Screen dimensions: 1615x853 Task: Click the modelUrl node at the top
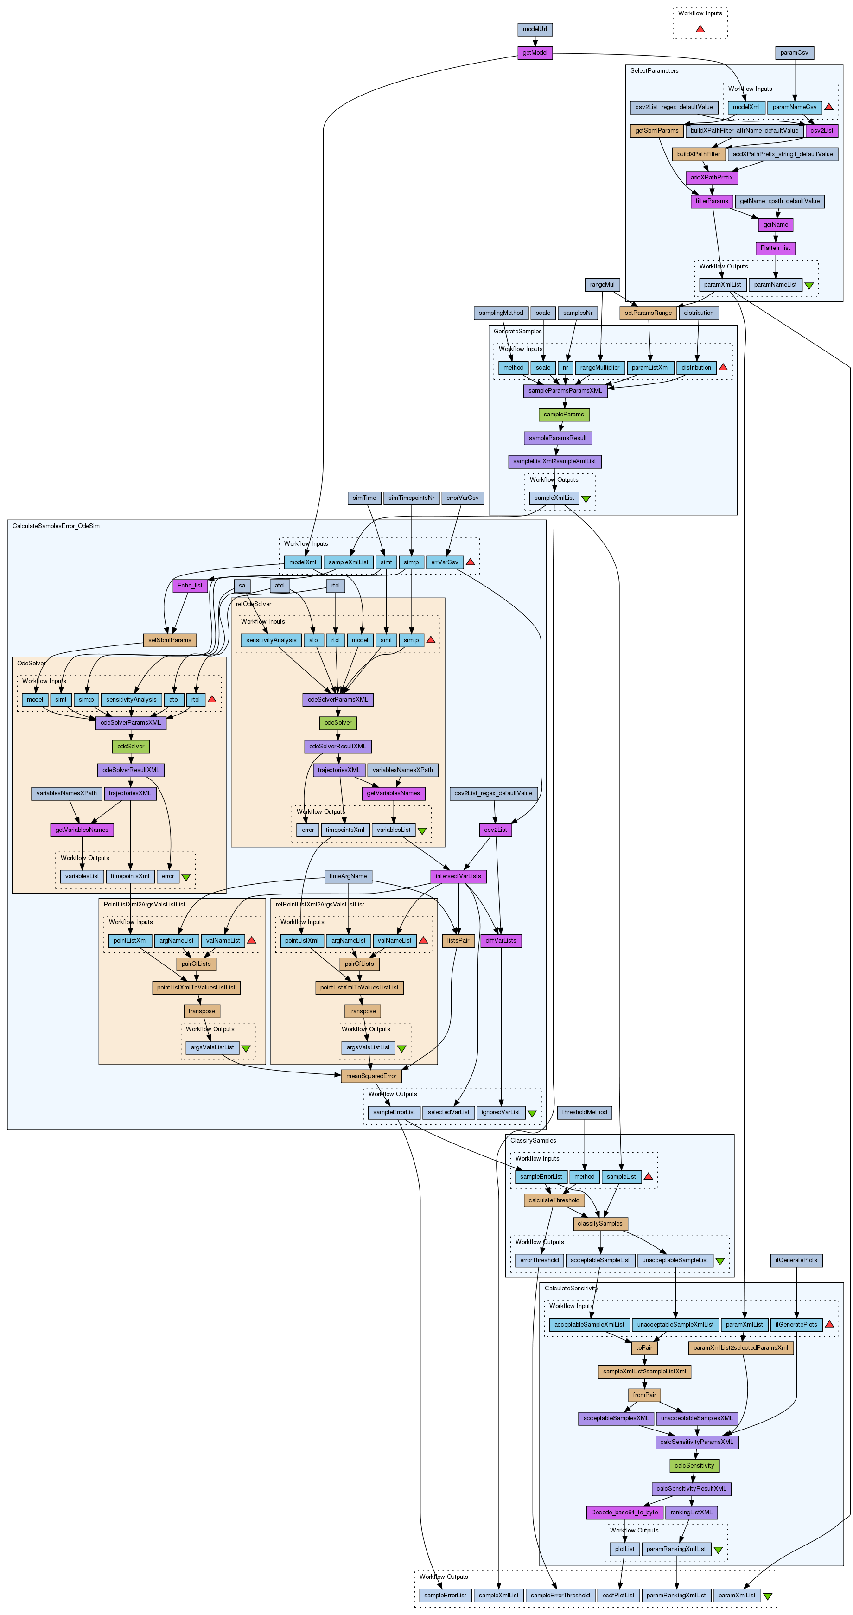pyautogui.click(x=535, y=30)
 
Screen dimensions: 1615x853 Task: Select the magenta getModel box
pyautogui.click(x=535, y=53)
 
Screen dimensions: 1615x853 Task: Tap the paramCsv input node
pyautogui.click(x=794, y=53)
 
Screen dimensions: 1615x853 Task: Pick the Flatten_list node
pyautogui.click(x=775, y=248)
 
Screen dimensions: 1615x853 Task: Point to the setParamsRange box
pyautogui.click(x=648, y=313)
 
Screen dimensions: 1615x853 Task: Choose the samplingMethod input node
pyautogui.click(x=501, y=313)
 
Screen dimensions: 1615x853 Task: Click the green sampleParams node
pyautogui.click(x=563, y=415)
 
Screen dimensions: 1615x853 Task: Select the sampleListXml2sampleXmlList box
pyautogui.click(x=554, y=461)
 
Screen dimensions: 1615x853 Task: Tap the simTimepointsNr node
pyautogui.click(x=411, y=498)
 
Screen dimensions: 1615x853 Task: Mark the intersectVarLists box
pyautogui.click(x=458, y=876)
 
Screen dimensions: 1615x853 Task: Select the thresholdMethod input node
pyautogui.click(x=584, y=1113)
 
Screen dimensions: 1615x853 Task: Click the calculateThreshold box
pyautogui.click(x=554, y=1200)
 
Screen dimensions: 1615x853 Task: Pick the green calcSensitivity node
pyautogui.click(x=694, y=1466)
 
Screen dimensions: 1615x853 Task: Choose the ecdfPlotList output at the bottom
pyautogui.click(x=618, y=1596)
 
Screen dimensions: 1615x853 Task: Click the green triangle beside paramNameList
pyautogui.click(x=809, y=285)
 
